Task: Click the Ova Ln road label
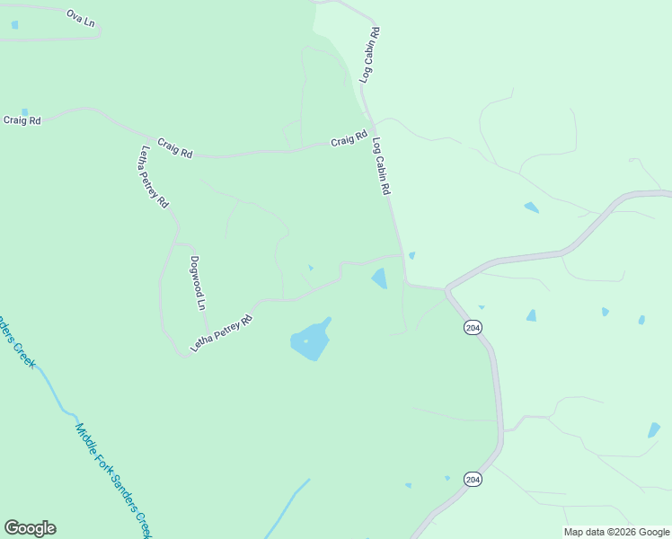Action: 80,17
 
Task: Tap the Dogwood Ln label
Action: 198,284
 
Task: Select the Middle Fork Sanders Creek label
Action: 113,480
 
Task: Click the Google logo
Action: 30,528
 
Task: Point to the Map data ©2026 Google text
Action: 617,532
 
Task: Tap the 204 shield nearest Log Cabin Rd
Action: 473,328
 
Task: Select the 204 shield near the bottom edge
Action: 473,480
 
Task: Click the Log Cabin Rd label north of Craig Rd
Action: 370,56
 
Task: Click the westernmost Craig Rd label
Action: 22,120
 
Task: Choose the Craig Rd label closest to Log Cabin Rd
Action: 349,140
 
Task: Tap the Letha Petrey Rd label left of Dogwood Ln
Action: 155,177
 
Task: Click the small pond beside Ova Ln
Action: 14,24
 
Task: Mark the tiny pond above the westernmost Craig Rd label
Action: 24,113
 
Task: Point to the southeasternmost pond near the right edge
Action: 654,430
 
